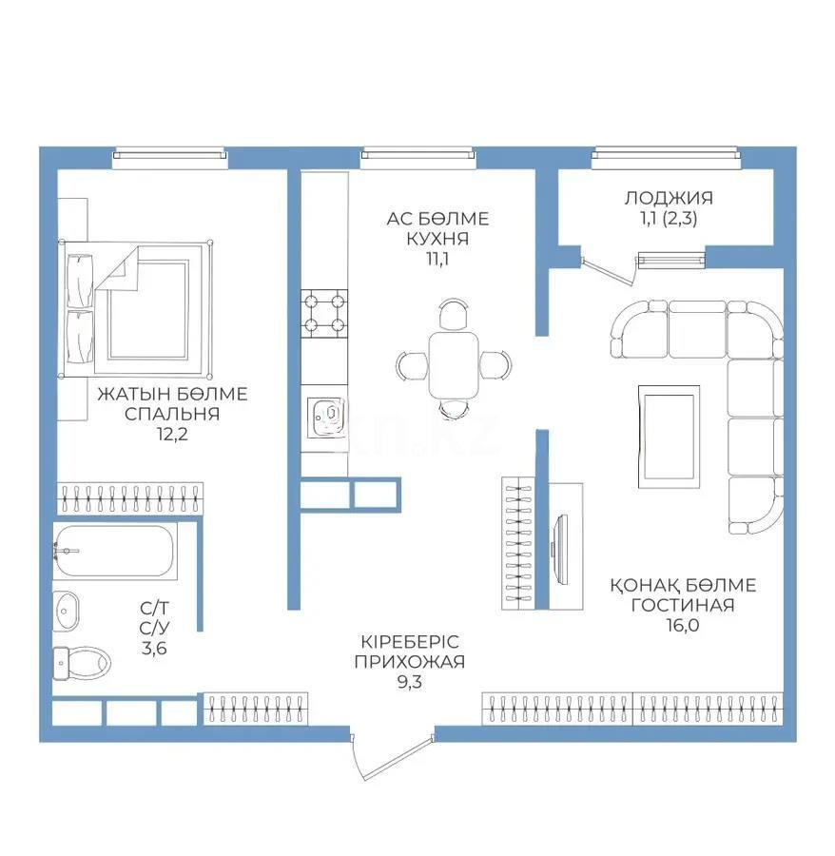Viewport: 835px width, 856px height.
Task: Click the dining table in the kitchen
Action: (x=454, y=363)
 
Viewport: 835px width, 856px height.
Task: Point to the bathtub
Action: (x=114, y=551)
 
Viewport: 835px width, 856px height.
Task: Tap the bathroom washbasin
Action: (x=68, y=606)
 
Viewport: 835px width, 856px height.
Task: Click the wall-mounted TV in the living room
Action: (x=558, y=547)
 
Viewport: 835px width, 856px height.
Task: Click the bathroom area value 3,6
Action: (x=152, y=649)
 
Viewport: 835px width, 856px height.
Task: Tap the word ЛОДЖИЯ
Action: (x=669, y=198)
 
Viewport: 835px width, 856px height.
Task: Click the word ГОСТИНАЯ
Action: (x=682, y=604)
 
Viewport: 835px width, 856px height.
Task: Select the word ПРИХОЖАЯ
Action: (x=408, y=661)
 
